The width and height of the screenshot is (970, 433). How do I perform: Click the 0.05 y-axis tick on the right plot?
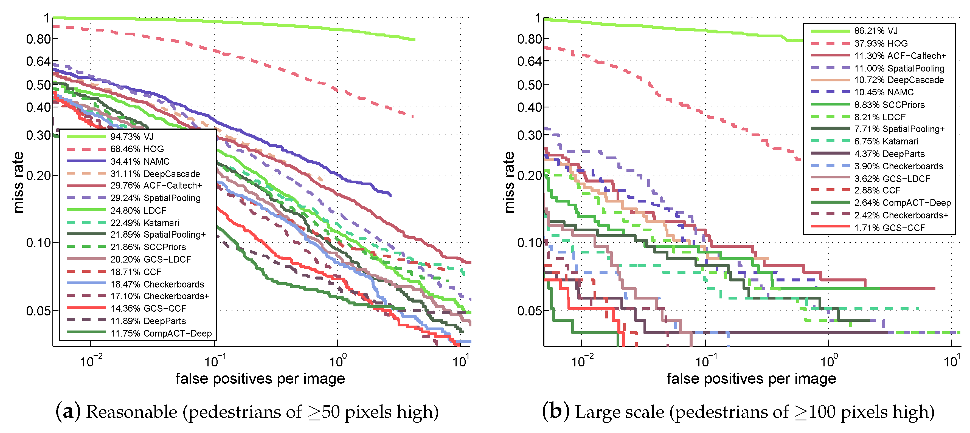[x=529, y=311]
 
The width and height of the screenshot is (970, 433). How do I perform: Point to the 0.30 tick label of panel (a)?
[x=38, y=135]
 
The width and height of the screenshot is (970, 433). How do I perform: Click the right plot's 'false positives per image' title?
[x=751, y=378]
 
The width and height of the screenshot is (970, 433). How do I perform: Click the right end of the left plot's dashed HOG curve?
[x=413, y=117]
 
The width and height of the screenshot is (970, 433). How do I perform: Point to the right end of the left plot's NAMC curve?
[x=390, y=195]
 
